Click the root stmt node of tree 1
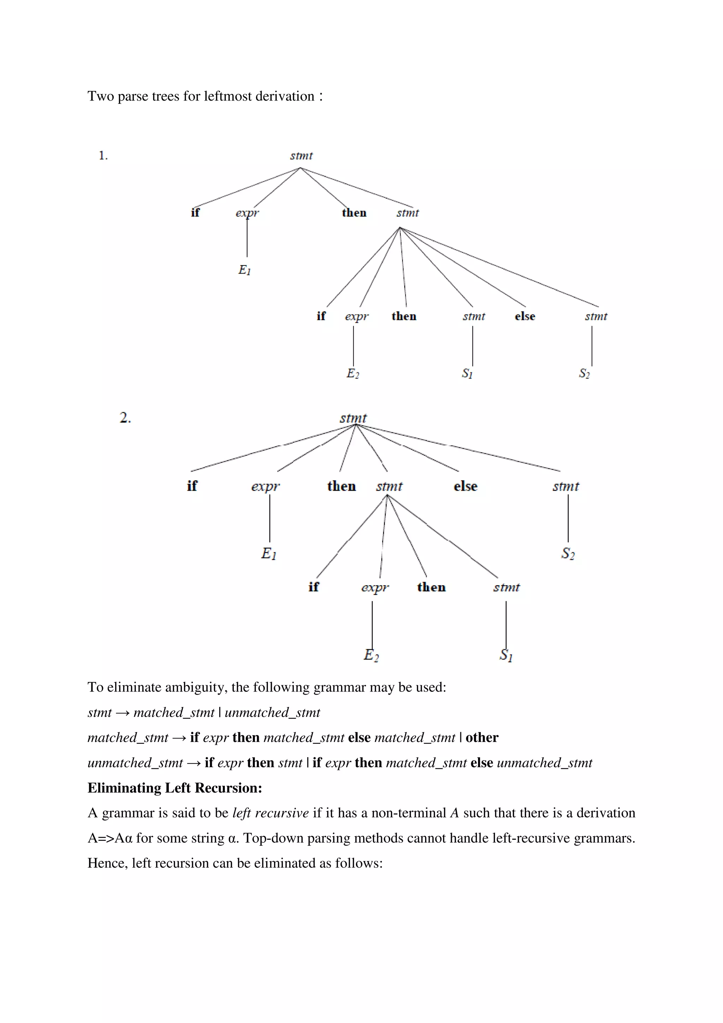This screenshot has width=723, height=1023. (x=301, y=156)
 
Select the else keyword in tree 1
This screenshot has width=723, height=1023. (x=525, y=316)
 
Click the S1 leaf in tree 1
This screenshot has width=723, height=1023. (x=467, y=373)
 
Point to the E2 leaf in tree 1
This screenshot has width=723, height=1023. (x=353, y=373)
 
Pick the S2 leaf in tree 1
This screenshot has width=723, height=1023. (x=584, y=373)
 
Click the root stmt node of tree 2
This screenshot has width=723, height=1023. (x=353, y=418)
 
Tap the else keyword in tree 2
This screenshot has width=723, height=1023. (x=466, y=486)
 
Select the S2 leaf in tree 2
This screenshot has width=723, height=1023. (x=568, y=554)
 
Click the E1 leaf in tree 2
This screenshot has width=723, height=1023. (x=269, y=554)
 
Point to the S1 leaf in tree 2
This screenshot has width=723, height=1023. (x=506, y=655)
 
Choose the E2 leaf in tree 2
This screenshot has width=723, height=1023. (x=371, y=655)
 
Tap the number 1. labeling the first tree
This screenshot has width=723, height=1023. (x=103, y=156)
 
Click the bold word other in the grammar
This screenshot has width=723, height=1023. (x=482, y=737)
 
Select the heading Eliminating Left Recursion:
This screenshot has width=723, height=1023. (x=175, y=788)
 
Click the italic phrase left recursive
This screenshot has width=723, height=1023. (x=270, y=813)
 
